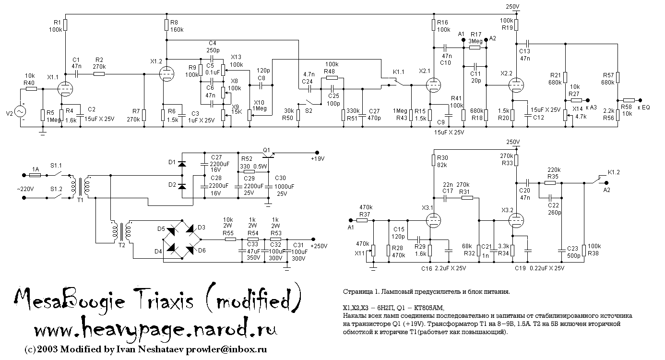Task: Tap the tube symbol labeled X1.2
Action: (x=166, y=74)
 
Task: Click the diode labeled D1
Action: (x=182, y=164)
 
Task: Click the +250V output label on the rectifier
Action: (x=319, y=246)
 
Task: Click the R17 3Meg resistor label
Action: (x=476, y=38)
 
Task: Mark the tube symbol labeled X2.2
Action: (x=516, y=84)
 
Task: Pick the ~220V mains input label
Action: (x=25, y=189)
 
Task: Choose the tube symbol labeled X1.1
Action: (x=64, y=88)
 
